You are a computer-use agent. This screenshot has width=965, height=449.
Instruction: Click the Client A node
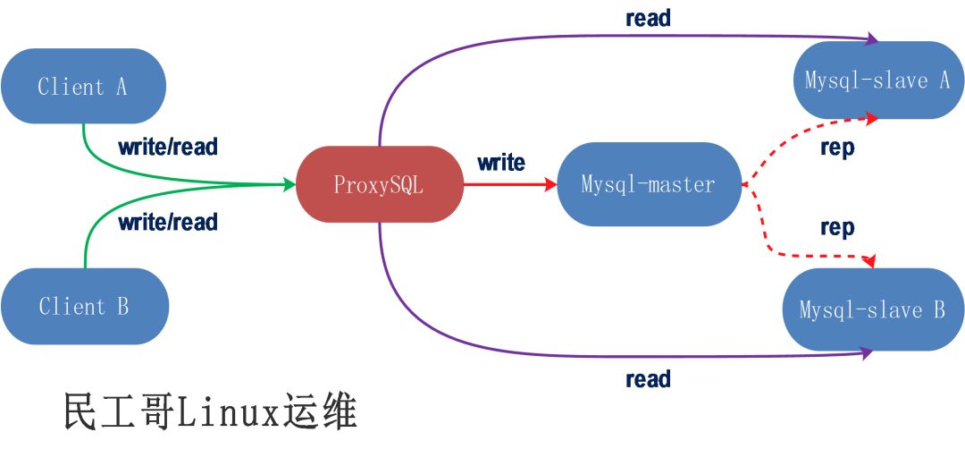click(83, 87)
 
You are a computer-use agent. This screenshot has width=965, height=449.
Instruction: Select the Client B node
click(84, 307)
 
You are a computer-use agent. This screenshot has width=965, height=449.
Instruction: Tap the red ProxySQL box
click(379, 185)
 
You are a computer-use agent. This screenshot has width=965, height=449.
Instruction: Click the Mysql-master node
click(649, 185)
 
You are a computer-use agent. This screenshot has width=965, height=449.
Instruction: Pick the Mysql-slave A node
click(877, 80)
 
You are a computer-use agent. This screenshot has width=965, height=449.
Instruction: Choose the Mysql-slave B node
click(873, 310)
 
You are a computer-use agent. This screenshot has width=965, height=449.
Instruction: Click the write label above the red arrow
click(501, 163)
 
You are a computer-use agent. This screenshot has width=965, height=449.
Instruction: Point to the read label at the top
click(648, 18)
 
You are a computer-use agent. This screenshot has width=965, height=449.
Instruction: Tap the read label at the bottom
click(648, 379)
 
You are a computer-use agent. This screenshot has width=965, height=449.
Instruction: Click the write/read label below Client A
click(168, 147)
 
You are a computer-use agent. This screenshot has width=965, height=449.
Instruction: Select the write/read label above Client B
click(168, 221)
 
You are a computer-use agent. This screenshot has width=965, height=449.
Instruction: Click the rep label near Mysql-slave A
click(837, 148)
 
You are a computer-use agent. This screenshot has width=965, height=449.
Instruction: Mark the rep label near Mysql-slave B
click(837, 228)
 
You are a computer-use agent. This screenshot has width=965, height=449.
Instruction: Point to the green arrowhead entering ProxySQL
click(289, 185)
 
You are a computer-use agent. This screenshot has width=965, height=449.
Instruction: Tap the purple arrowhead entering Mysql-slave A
click(872, 39)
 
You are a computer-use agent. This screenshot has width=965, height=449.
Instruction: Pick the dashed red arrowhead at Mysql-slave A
click(872, 116)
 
